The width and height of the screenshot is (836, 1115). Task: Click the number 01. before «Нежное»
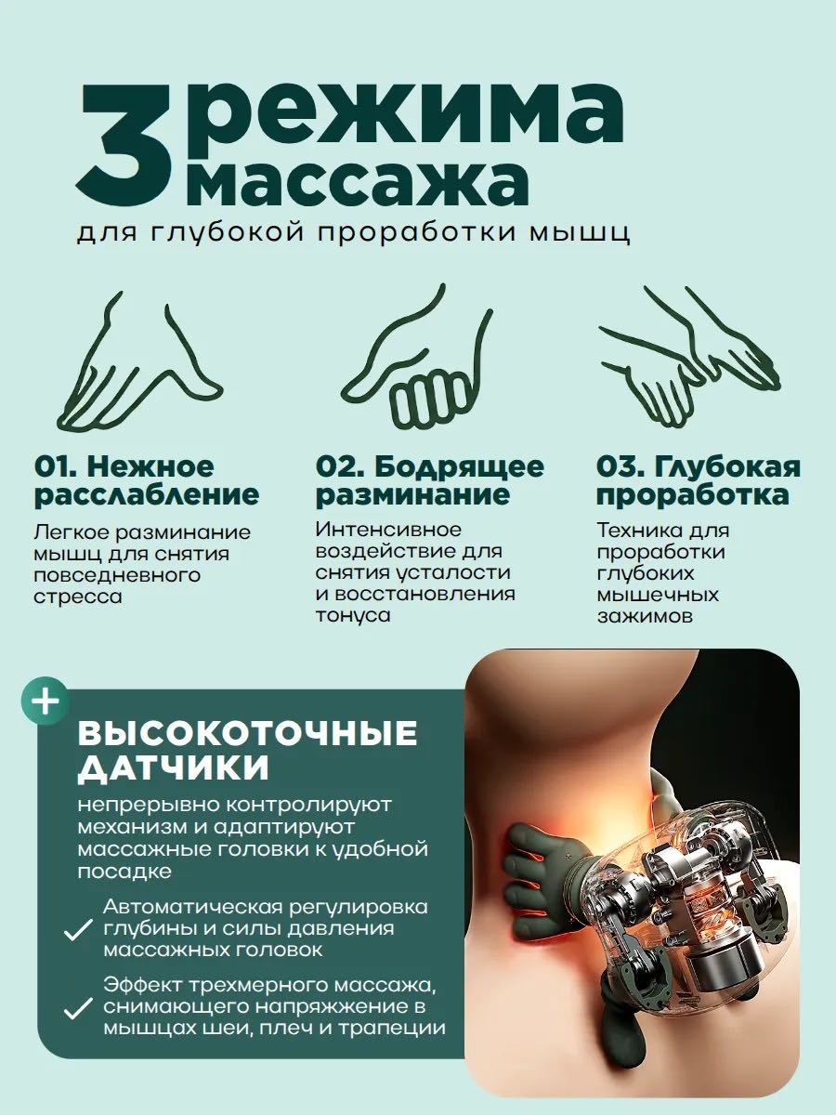pyautogui.click(x=56, y=467)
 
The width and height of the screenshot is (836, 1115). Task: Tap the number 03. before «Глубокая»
pyautogui.click(x=620, y=467)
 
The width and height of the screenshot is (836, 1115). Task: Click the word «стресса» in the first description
pyautogui.click(x=78, y=597)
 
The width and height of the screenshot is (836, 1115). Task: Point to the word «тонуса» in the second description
pyautogui.click(x=353, y=616)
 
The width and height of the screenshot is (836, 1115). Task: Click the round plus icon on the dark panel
pyautogui.click(x=45, y=701)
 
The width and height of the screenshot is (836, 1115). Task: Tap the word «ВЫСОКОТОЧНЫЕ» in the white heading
pyautogui.click(x=247, y=733)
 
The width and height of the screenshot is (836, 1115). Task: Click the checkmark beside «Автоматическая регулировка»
pyautogui.click(x=78, y=929)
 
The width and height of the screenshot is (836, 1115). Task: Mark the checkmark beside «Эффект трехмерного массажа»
pyautogui.click(x=78, y=1008)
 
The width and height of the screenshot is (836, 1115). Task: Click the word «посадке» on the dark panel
pyautogui.click(x=124, y=872)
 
